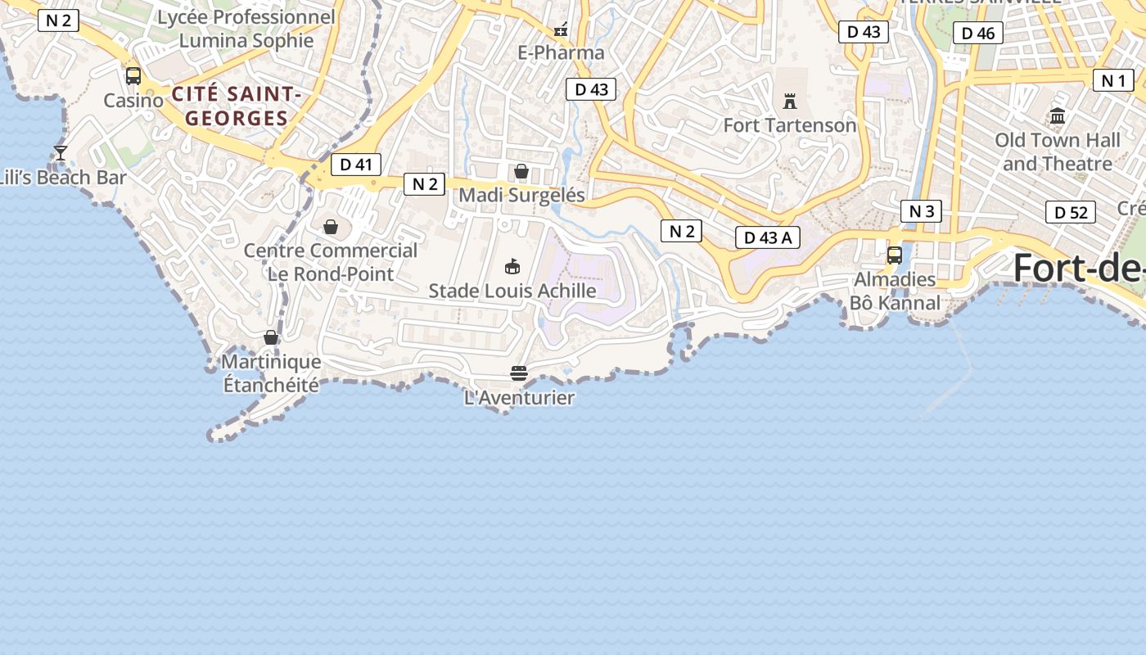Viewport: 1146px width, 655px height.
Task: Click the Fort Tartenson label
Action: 789,125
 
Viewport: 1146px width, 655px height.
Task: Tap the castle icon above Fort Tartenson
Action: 790,102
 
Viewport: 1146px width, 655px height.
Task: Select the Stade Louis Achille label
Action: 512,291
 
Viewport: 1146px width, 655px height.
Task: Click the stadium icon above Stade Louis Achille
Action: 512,266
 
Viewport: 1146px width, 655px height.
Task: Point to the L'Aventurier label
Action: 519,398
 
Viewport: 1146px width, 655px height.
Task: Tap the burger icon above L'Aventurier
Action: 519,373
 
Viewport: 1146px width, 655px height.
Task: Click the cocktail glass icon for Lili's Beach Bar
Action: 61,153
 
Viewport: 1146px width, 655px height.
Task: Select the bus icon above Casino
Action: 133,76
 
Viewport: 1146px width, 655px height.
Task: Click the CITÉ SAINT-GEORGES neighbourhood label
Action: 237,106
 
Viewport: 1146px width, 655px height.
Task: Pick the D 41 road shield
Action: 356,165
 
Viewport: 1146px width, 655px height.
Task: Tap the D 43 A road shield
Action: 767,237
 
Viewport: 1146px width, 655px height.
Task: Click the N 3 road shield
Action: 921,211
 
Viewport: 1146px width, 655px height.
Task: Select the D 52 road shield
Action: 1070,213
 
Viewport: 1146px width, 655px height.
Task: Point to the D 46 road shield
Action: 978,34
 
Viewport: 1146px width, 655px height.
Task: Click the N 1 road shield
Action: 1113,80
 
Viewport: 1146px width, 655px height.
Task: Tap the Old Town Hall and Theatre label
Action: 1057,151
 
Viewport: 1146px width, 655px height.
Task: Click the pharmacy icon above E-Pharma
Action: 561,30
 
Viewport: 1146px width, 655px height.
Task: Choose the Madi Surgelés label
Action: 521,195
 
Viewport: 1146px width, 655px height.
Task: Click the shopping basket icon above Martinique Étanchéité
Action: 271,337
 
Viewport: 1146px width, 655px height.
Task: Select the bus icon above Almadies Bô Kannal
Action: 895,255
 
